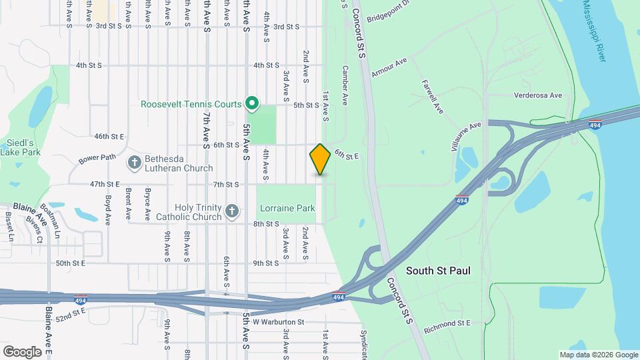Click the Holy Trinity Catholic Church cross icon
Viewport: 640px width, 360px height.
(x=231, y=211)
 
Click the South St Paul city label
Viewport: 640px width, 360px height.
(x=438, y=271)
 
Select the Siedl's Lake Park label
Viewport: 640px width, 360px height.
(x=20, y=147)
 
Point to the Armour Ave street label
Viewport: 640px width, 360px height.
(x=389, y=67)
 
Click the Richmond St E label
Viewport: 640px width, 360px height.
(x=446, y=323)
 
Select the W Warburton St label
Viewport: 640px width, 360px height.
(x=279, y=322)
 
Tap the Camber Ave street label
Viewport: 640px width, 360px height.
(x=345, y=85)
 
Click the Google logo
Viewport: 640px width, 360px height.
(x=22, y=351)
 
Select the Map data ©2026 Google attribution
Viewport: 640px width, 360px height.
(x=598, y=355)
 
